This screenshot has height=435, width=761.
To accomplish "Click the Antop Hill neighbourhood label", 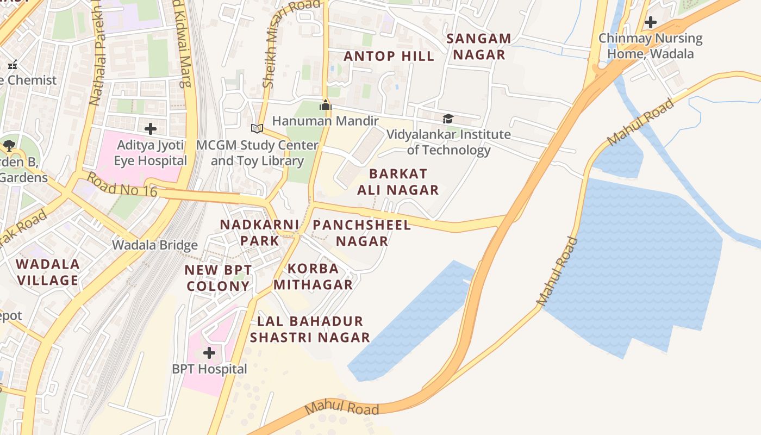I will coord(389,56).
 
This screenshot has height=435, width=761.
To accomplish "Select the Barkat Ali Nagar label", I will coord(398,182).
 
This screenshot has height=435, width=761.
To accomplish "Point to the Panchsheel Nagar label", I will coord(361,233).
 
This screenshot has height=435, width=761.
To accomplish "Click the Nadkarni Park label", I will coord(259,232).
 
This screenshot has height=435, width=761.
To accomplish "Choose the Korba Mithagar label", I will coord(313,276).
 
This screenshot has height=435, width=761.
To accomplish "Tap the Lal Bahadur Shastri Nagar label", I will coord(310,329).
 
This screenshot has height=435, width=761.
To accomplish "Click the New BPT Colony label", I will coord(218,278).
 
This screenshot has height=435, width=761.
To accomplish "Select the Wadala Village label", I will coord(48,272).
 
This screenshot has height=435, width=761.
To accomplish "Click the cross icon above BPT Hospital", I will coord(209,353).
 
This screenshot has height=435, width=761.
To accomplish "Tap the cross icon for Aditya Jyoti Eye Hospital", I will coord(151,129).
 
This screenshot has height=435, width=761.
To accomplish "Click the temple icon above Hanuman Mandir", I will coord(325,105).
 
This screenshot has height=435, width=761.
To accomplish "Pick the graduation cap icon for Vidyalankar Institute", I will coord(448,119).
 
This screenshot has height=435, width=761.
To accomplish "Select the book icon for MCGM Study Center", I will coord(257,129).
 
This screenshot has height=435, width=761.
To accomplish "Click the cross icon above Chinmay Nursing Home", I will coord(650,23).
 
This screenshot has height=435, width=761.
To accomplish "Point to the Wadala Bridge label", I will coord(155,245).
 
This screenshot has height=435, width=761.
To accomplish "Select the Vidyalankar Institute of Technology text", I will coord(449,142).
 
